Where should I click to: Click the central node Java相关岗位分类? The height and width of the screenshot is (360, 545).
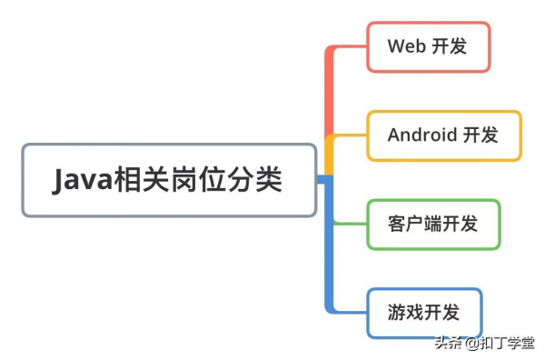169,180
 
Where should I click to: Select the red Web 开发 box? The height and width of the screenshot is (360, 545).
429,46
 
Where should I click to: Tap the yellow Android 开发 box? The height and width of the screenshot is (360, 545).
443,135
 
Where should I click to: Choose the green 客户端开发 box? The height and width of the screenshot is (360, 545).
433,224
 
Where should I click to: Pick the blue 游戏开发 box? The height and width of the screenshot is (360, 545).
423,313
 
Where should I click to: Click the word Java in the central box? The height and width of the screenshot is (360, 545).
82,180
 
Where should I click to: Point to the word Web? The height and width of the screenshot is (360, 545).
406,46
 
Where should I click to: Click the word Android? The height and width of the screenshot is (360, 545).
421,135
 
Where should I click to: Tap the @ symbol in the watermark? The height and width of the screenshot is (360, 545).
471,344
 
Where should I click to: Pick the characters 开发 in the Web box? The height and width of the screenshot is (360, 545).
450,46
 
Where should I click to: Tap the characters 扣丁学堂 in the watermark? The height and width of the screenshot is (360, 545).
508,344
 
